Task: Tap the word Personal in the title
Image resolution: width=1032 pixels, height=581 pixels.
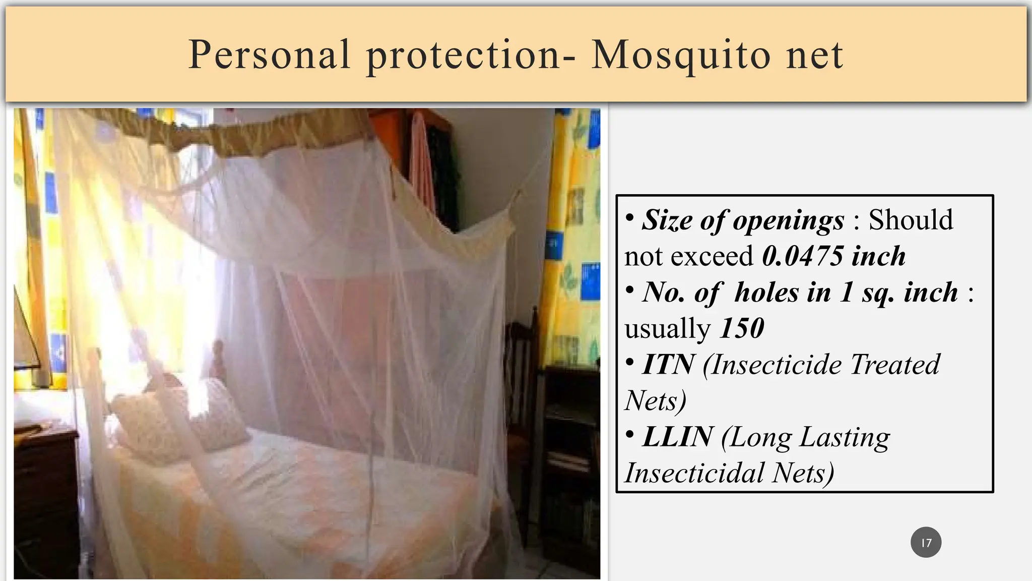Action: click(269, 54)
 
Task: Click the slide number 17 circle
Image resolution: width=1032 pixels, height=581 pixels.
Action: click(926, 543)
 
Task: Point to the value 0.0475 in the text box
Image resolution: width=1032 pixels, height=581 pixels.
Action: click(802, 256)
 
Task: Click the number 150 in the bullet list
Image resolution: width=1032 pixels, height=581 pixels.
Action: click(742, 328)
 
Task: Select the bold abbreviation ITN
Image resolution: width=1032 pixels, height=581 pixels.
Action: click(668, 364)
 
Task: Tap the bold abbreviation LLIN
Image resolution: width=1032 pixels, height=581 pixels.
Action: click(677, 437)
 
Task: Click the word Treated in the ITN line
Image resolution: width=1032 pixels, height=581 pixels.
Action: click(894, 364)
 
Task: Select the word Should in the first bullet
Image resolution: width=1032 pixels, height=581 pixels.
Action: click(910, 220)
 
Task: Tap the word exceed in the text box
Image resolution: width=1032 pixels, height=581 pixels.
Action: click(713, 256)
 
